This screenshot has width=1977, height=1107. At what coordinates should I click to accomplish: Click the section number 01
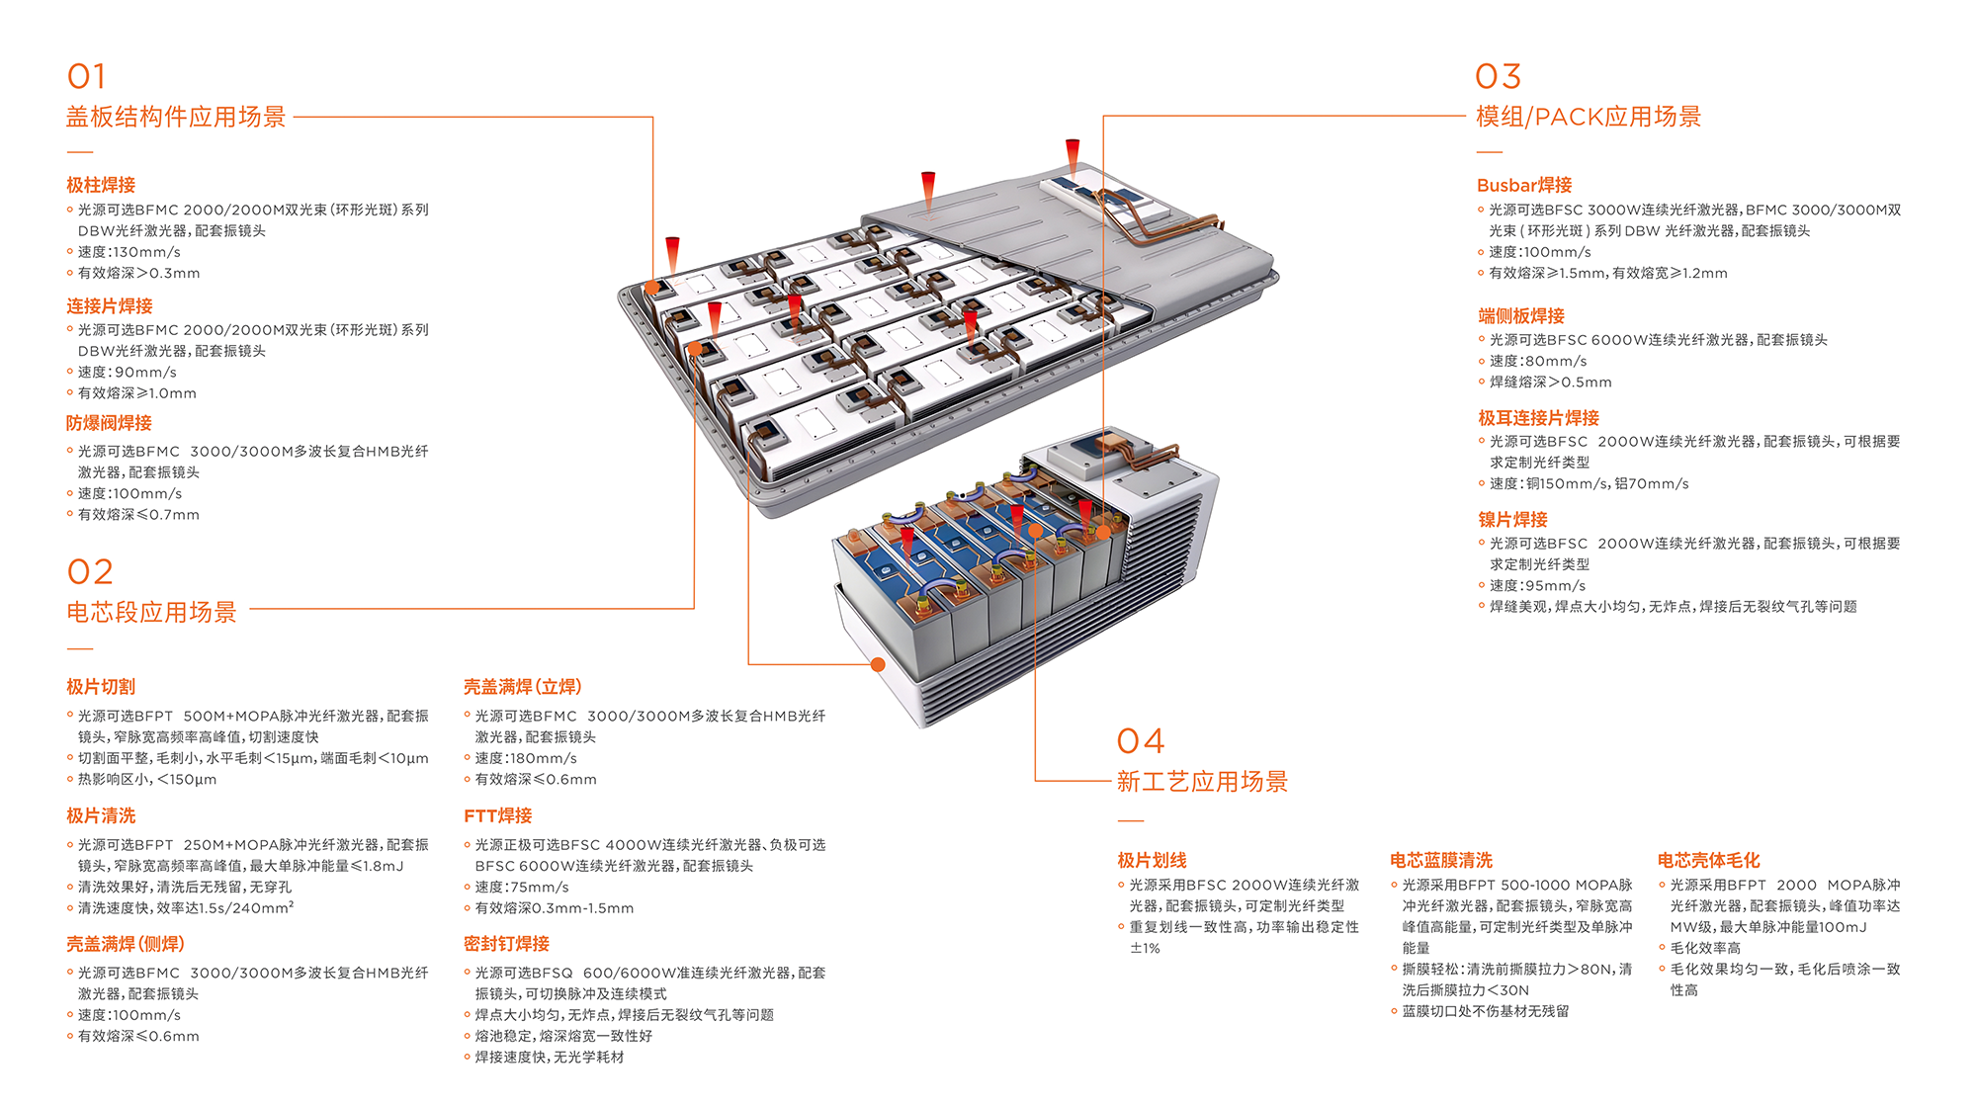click(x=86, y=76)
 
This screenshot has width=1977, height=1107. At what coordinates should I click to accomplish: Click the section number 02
click(x=90, y=571)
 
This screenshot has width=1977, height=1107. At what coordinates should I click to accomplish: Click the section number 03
click(x=1498, y=76)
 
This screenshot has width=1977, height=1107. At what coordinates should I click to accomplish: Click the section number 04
click(x=1140, y=741)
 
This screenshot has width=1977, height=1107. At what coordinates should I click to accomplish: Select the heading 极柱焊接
click(x=101, y=185)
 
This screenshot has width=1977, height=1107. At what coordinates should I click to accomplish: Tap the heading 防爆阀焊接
click(x=109, y=423)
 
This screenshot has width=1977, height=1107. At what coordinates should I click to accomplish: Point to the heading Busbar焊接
click(x=1523, y=185)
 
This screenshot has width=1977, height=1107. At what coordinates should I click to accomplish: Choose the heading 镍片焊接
click(x=1512, y=519)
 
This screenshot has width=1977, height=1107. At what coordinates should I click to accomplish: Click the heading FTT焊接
click(x=497, y=815)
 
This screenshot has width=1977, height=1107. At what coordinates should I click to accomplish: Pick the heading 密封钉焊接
click(x=506, y=944)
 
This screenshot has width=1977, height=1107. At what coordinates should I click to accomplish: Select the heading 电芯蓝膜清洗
click(x=1440, y=860)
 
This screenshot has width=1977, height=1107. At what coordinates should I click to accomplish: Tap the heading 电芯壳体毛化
click(x=1708, y=860)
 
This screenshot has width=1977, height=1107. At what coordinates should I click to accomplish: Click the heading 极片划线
click(x=1152, y=860)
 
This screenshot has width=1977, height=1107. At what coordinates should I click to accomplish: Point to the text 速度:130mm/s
click(x=129, y=252)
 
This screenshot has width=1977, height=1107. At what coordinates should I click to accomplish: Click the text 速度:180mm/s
click(x=525, y=758)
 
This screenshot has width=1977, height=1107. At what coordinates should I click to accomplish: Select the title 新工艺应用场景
click(x=1202, y=782)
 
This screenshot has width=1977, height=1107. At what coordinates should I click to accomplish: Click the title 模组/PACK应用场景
click(x=1588, y=117)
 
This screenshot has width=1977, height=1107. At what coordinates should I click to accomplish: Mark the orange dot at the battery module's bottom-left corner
click(x=878, y=664)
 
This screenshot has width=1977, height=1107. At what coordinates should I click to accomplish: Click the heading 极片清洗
click(x=101, y=815)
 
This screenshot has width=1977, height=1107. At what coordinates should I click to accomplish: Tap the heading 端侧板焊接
click(x=1520, y=315)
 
